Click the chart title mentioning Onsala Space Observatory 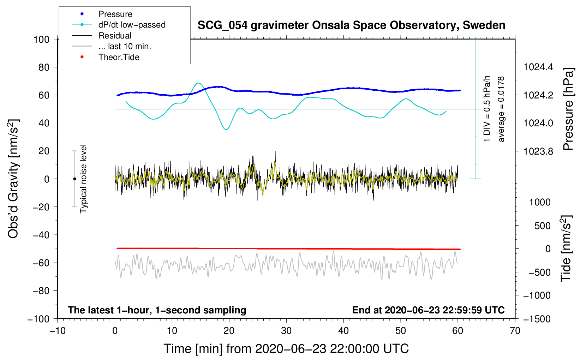tap(351, 25)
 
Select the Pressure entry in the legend tap(115, 14)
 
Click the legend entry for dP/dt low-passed tap(132, 25)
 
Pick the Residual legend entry tap(115, 36)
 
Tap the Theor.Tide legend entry tap(119, 57)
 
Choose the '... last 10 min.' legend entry tap(125, 46)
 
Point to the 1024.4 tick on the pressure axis tap(538, 67)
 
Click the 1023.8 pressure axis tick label tap(538, 151)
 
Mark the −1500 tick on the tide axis tap(537, 319)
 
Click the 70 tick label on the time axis tap(515, 331)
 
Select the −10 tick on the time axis tap(58, 331)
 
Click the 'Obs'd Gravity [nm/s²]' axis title tap(13, 179)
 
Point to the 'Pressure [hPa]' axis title tap(568, 109)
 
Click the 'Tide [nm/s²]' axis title tap(566, 248)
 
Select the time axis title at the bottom tap(286, 349)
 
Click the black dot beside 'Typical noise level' tap(74, 179)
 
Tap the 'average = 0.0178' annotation tap(501, 109)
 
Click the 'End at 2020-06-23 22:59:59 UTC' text tap(428, 310)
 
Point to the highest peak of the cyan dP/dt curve tap(199, 83)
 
